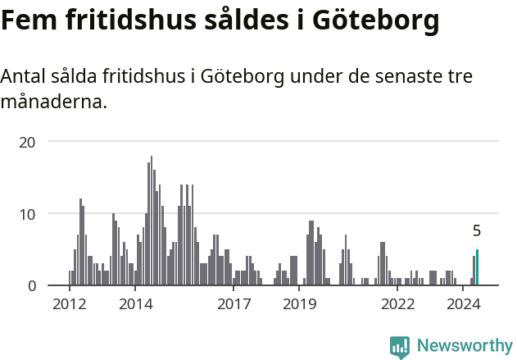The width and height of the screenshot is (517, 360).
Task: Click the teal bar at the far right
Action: (x=477, y=268)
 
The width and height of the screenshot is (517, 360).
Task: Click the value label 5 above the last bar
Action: (x=477, y=231)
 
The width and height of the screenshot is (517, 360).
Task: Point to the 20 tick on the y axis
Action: (x=28, y=142)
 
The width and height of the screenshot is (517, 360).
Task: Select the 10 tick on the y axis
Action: (x=28, y=214)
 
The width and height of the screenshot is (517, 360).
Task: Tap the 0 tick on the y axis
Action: (x=33, y=285)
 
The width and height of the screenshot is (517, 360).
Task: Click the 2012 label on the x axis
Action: (x=69, y=304)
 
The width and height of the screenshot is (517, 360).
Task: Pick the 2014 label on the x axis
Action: (x=135, y=304)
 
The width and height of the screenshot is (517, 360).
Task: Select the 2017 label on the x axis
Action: (x=234, y=304)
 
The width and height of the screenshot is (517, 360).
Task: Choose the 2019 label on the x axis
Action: (x=299, y=304)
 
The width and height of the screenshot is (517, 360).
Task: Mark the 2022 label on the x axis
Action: (x=398, y=304)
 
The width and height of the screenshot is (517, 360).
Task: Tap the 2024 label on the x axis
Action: (x=463, y=304)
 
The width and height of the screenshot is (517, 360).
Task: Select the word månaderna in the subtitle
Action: (x=54, y=103)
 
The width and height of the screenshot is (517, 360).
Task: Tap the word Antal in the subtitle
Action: (x=24, y=77)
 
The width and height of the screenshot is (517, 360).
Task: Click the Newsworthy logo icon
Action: (x=400, y=347)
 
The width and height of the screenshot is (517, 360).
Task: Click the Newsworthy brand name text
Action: (x=464, y=346)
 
